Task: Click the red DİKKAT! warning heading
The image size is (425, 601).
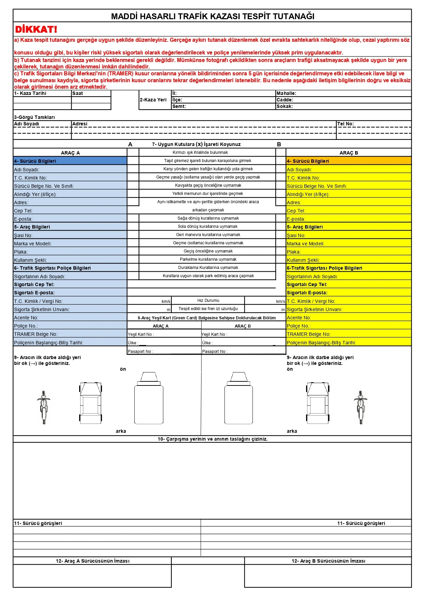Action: (36, 29)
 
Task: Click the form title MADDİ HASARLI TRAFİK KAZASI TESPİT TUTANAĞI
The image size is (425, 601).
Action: (212, 16)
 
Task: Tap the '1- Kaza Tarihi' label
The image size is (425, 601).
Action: (30, 93)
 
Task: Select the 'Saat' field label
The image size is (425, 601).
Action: (78, 93)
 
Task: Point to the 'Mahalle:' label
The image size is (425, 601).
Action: (286, 93)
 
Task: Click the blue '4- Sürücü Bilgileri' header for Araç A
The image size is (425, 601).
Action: (35, 161)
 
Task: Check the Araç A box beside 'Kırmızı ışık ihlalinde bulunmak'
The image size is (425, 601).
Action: (133, 152)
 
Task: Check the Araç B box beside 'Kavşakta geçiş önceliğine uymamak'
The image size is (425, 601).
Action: (281, 185)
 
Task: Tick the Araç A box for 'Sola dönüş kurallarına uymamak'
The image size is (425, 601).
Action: (133, 226)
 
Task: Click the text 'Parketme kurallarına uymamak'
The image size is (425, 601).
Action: (208, 259)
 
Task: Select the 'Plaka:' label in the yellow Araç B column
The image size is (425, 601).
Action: (294, 252)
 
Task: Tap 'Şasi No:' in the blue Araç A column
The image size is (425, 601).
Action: (23, 235)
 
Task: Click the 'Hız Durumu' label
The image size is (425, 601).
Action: (208, 300)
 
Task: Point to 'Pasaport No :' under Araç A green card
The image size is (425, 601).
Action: (141, 351)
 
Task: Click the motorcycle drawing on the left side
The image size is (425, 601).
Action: (44, 407)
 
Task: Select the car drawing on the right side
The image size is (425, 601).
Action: (317, 403)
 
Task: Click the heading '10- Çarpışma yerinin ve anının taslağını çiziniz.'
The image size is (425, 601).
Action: (212, 439)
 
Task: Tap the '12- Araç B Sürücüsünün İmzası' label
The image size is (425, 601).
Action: (328, 561)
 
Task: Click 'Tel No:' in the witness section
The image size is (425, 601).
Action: (345, 124)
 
